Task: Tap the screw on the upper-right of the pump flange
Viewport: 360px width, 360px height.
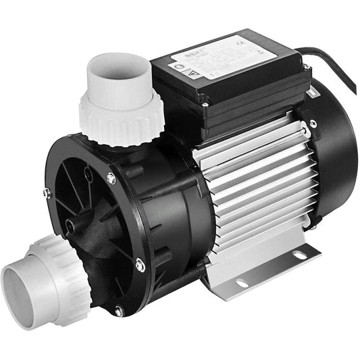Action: [x=111, y=178]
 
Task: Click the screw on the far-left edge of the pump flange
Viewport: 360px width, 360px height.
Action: [x=45, y=193]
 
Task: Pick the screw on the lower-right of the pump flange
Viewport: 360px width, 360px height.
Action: [x=140, y=265]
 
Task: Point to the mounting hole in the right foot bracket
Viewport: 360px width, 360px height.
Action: [x=298, y=255]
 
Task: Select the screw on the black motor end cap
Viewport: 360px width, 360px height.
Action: [x=313, y=124]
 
